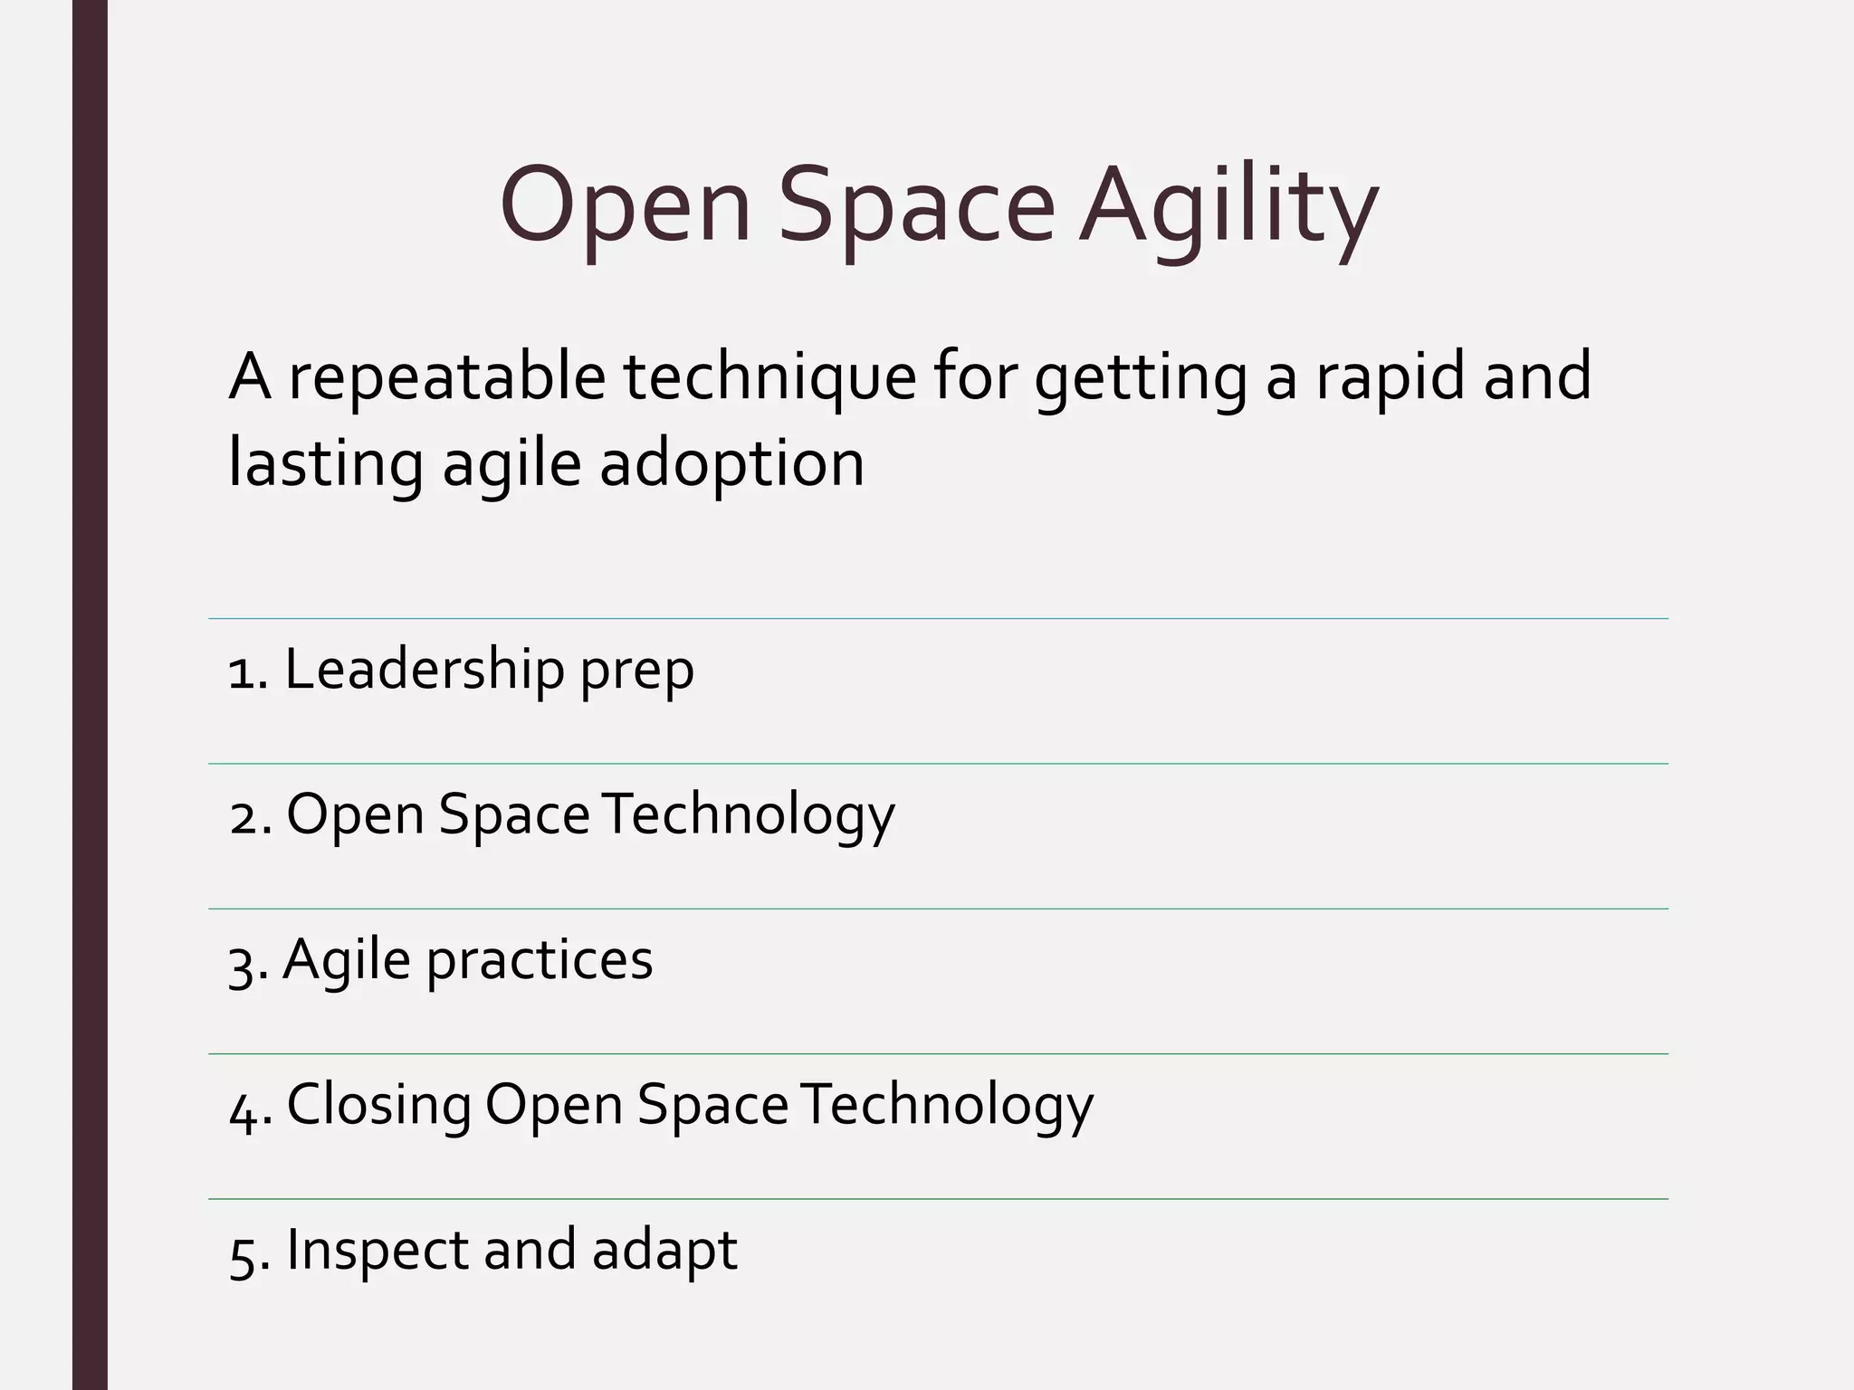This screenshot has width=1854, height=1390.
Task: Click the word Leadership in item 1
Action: click(x=424, y=670)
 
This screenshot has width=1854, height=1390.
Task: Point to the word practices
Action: click(x=540, y=961)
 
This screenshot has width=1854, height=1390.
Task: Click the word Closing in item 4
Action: click(x=378, y=1106)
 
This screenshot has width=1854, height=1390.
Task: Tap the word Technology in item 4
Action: click(x=947, y=1106)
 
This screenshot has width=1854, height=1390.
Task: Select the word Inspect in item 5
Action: click(x=377, y=1252)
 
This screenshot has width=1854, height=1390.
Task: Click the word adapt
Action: click(x=664, y=1252)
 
